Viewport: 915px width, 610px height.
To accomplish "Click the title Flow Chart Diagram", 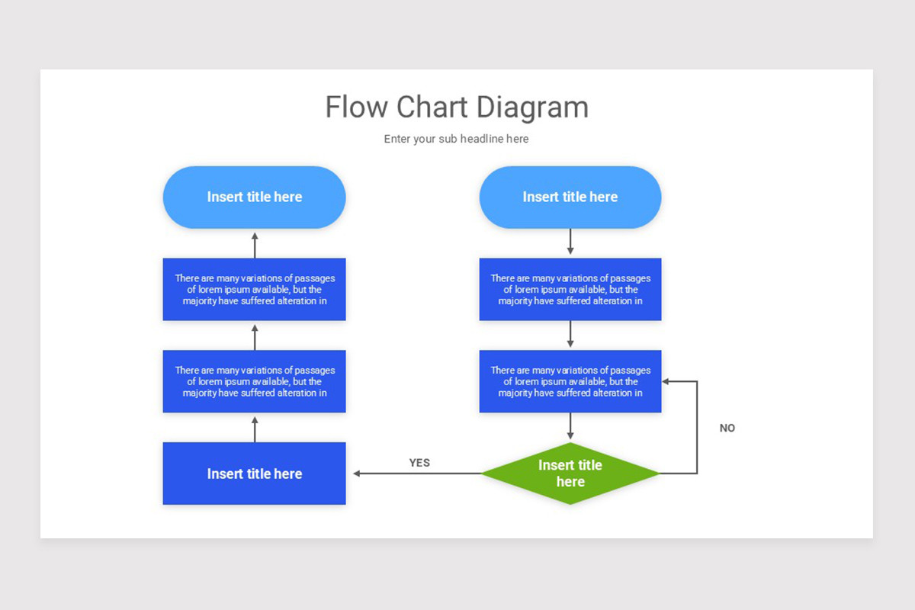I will coord(457,107).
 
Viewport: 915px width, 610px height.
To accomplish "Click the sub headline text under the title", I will coord(456,139).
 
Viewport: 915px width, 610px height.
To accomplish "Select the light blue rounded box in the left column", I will coord(254,197).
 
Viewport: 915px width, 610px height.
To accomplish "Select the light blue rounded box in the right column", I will coord(570,197).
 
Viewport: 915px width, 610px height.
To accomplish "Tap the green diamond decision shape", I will coord(570,474).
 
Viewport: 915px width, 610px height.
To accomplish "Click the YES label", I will coord(419,463).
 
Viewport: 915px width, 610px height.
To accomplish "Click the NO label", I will coord(727,429).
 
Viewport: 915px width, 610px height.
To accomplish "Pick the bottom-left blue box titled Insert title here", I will coord(254,474).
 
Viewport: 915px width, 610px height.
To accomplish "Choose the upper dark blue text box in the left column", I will coord(254,290).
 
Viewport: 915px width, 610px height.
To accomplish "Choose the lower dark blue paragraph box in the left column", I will coord(254,381).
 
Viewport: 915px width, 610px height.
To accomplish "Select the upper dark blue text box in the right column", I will coord(570,290).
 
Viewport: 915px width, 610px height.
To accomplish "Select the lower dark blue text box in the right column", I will coord(570,381).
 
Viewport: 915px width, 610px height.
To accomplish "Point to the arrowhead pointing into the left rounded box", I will coord(255,236).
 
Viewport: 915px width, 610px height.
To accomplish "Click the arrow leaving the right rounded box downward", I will coord(570,242).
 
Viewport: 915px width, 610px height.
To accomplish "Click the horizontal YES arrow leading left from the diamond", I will coord(416,474).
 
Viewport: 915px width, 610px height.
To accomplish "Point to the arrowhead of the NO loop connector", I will coord(666,381).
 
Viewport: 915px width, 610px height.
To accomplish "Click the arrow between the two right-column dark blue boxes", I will coord(570,335).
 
